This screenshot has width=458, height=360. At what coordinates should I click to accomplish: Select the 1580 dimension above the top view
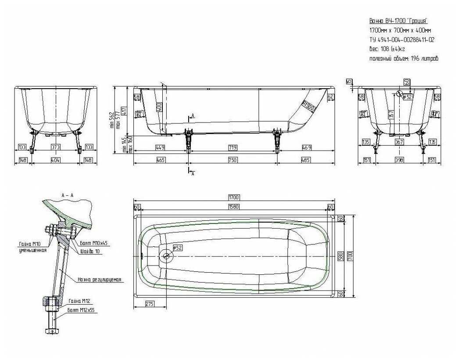pyautogui.click(x=233, y=207)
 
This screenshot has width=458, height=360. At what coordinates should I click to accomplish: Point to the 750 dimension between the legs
pyautogui.click(x=233, y=160)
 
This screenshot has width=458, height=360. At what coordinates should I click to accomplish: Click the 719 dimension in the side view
pyautogui.click(x=233, y=147)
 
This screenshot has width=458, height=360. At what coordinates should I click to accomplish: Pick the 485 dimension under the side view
pyautogui.click(x=306, y=160)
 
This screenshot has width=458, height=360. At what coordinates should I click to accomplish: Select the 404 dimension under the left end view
pyautogui.click(x=55, y=160)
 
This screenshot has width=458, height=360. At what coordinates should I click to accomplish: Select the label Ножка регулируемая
pyautogui.click(x=99, y=279)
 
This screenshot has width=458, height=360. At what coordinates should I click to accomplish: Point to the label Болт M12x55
pyautogui.click(x=81, y=310)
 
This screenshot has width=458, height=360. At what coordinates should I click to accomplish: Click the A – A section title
pyautogui.click(x=68, y=195)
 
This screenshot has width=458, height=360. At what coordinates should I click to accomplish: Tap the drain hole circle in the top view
pyautogui.click(x=166, y=256)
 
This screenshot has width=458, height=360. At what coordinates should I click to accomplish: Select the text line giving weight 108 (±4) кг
pyautogui.click(x=387, y=49)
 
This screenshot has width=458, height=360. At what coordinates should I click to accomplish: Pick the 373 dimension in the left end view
pyautogui.click(x=55, y=147)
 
